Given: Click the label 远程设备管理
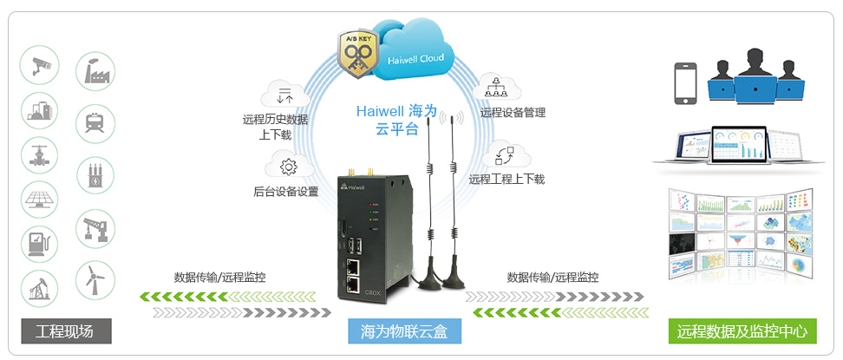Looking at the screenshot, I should click(512, 113).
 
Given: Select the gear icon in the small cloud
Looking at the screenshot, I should click(287, 167).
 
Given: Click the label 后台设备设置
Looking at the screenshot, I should click(285, 192).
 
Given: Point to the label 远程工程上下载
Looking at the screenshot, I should click(506, 180).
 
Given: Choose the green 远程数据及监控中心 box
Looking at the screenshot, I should click(742, 332).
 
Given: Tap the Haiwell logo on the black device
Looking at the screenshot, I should click(353, 187).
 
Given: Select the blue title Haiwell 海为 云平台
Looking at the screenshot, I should click(399, 121).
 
